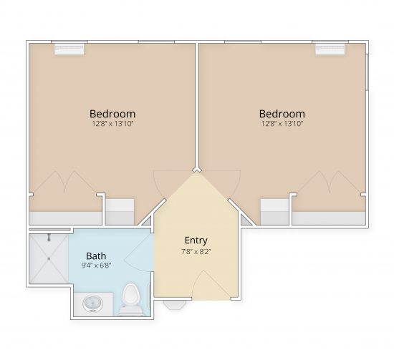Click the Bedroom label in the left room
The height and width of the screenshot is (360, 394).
point(112,114)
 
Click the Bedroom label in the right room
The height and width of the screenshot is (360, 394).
point(282,114)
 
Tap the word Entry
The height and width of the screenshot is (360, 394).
point(196,240)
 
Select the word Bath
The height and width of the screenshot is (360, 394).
point(97,256)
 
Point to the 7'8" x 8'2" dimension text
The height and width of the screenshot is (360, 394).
point(196,251)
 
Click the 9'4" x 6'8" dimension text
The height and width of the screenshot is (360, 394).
point(97,266)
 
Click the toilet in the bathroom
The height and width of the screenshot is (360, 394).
point(130,299)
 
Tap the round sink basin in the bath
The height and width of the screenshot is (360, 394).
point(93,305)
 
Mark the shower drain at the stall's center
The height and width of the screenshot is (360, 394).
point(48,258)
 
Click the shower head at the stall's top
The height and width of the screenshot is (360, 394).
point(48,238)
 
